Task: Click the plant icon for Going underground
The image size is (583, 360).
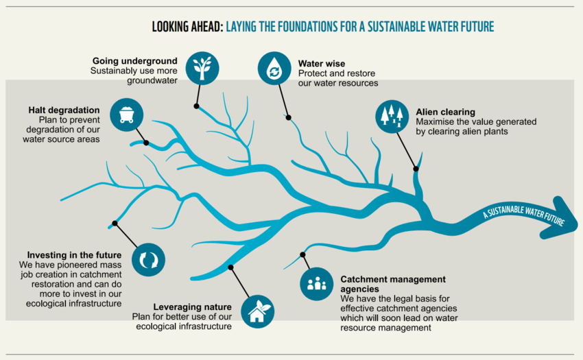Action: (x=202, y=67)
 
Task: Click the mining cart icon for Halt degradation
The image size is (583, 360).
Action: (x=126, y=113)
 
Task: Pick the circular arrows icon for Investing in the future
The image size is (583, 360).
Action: (x=148, y=259)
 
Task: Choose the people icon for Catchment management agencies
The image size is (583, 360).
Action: (x=317, y=282)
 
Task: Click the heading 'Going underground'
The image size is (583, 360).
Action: (x=135, y=61)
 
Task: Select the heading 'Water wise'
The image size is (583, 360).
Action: (x=322, y=64)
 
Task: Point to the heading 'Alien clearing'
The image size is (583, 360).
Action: (x=445, y=112)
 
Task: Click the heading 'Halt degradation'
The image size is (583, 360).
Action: (x=64, y=110)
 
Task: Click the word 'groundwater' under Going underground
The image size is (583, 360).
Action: (x=152, y=80)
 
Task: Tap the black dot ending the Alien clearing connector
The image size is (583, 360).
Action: (x=415, y=168)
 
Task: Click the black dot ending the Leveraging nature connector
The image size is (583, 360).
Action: (x=231, y=267)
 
